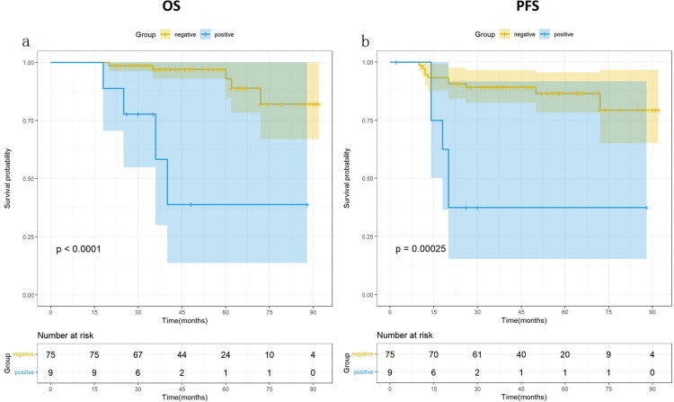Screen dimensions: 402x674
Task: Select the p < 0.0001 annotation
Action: click(85, 247)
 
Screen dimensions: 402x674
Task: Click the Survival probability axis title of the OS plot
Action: click(8, 179)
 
